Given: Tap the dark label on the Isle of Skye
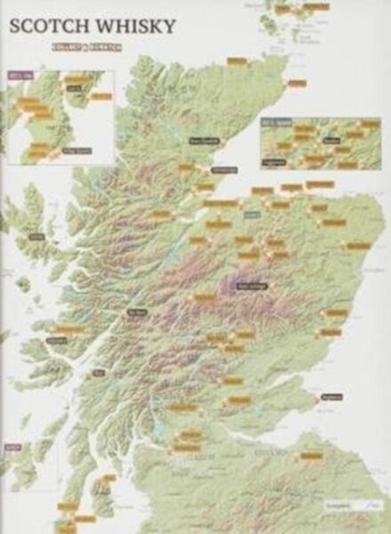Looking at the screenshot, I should [x=36, y=237].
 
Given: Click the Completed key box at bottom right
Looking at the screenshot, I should [x=350, y=505].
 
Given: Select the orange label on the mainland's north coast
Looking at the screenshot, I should [x=236, y=61].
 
